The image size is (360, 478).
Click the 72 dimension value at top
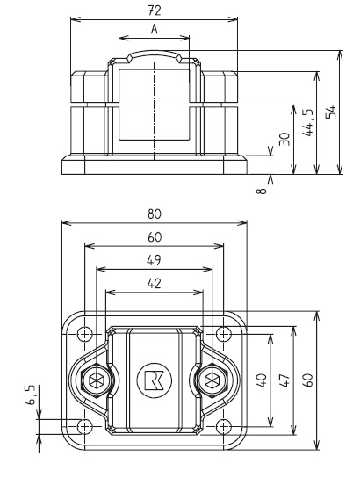click(x=155, y=10)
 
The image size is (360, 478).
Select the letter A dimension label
click(x=155, y=29)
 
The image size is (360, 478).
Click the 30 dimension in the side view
click(x=283, y=140)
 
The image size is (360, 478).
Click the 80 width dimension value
click(x=155, y=214)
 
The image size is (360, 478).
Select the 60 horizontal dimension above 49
click(x=155, y=236)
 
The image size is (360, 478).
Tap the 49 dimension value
click(x=155, y=259)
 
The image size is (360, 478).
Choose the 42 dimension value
click(x=155, y=282)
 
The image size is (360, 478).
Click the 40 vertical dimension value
click(x=260, y=380)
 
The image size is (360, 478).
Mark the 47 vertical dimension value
click(x=283, y=380)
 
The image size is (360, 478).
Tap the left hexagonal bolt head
click(x=96, y=380)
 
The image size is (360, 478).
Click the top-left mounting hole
click(x=84, y=334)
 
